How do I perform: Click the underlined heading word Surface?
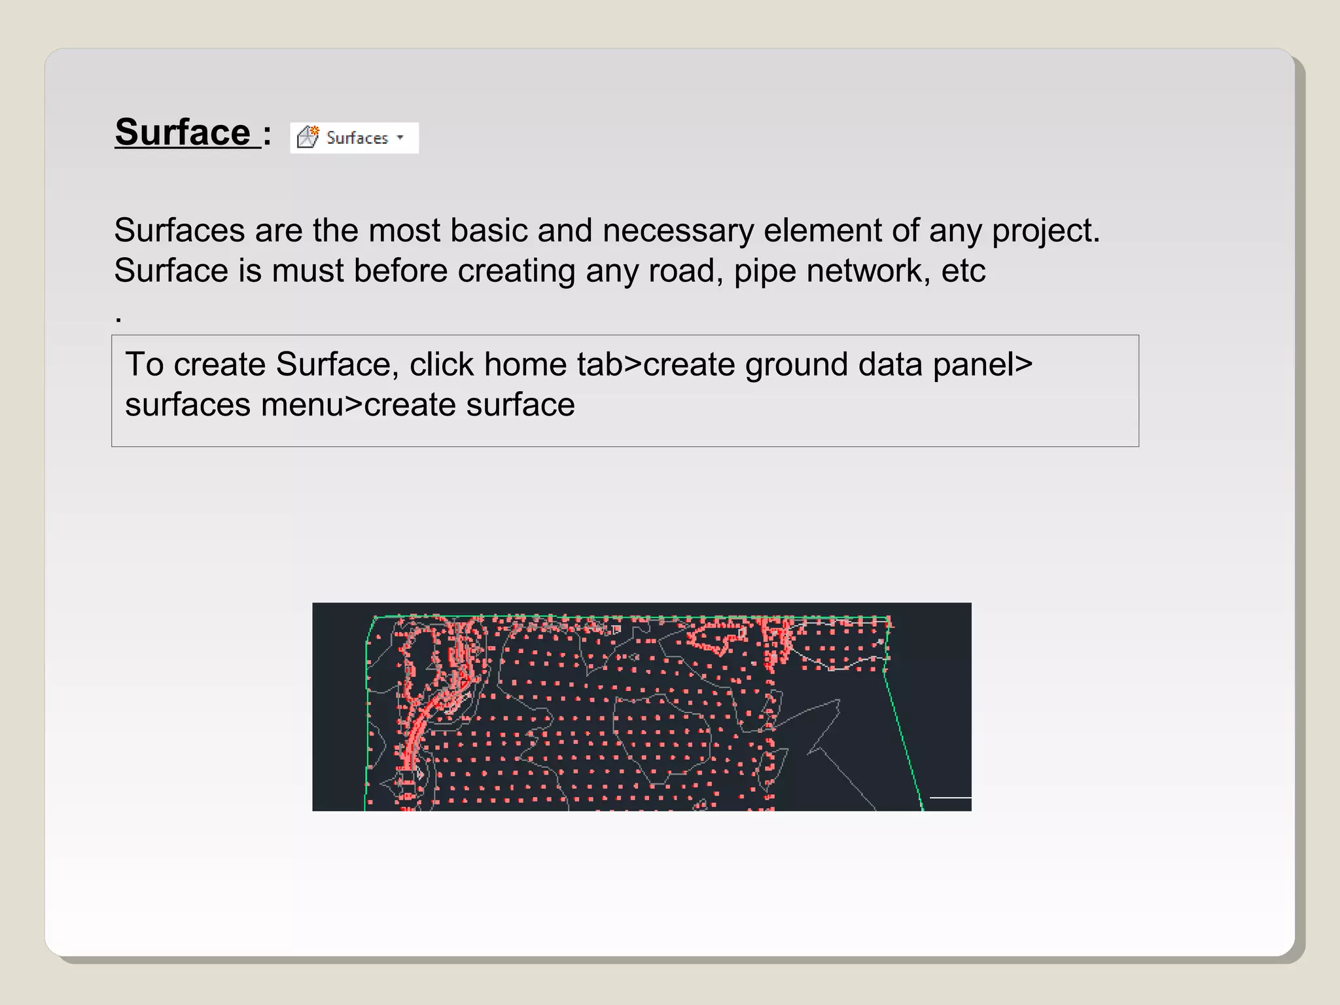point(183,133)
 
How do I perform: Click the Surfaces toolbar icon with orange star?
point(308,137)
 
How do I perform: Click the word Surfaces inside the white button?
point(357,138)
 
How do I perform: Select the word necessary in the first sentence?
point(678,232)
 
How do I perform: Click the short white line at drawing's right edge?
point(950,798)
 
